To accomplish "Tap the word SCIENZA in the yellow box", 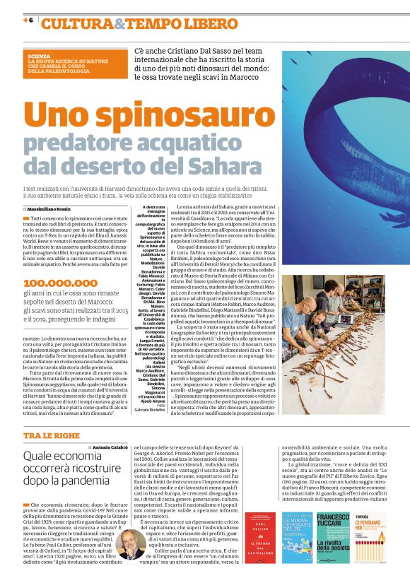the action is point(39,54).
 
